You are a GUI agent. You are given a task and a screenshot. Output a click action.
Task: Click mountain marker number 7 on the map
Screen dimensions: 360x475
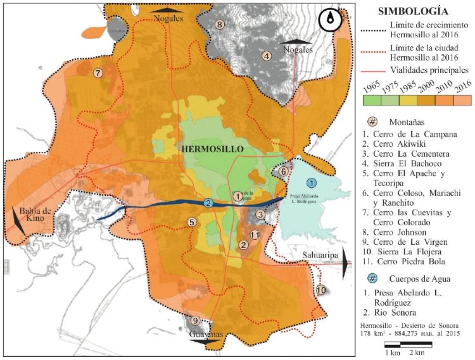pos(98,73)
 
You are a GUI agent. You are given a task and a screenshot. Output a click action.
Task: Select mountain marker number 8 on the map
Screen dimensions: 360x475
pos(220,25)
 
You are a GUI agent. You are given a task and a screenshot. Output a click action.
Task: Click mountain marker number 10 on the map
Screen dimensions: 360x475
pos(321,290)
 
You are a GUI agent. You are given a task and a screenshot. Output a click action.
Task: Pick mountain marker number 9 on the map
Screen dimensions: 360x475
pos(196,320)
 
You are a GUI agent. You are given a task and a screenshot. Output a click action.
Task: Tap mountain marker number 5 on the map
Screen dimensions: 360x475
pos(191,222)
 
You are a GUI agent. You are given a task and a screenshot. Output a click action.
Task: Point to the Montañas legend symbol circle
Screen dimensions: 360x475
pos(373,121)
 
